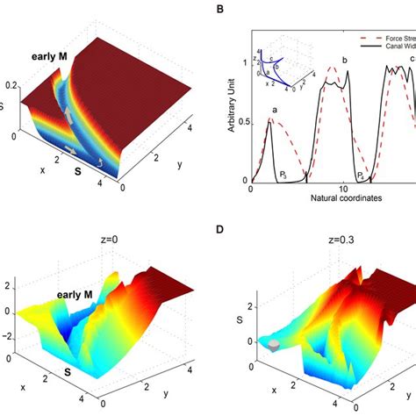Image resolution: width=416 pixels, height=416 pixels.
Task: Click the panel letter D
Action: point(225,230)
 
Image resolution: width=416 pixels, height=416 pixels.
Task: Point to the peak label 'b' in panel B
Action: point(344,60)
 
